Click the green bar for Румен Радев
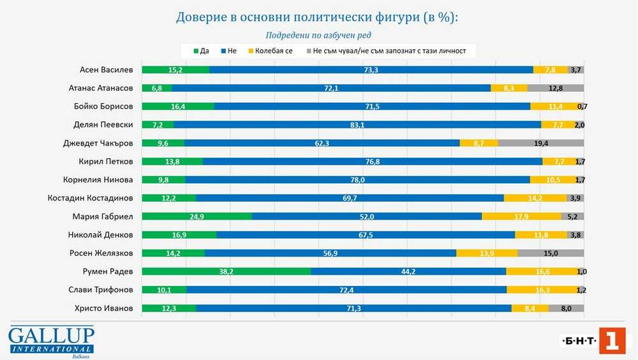click(226, 272)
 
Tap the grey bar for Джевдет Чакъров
click(541, 144)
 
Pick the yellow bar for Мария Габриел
click(521, 216)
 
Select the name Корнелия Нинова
click(98, 180)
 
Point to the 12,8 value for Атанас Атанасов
click(556, 88)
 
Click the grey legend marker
click(308, 50)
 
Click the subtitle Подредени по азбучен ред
click(318, 35)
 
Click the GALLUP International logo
click(51, 340)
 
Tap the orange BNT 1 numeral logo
click(612, 341)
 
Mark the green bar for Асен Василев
click(175, 70)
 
